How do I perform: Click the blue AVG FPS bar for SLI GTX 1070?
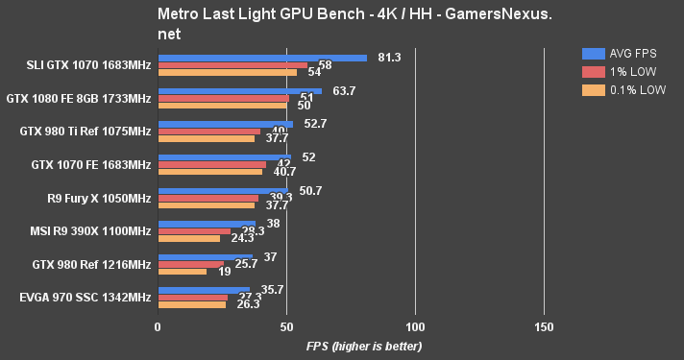(262, 58)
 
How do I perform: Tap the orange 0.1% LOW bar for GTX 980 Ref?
(183, 272)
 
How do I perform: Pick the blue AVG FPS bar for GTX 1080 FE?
(240, 91)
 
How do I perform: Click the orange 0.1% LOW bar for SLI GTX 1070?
(228, 72)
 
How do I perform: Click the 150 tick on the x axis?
(544, 328)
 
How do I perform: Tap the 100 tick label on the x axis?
(415, 328)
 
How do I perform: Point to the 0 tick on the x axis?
(158, 328)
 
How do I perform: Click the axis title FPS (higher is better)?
(364, 346)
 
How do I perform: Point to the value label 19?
(223, 272)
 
